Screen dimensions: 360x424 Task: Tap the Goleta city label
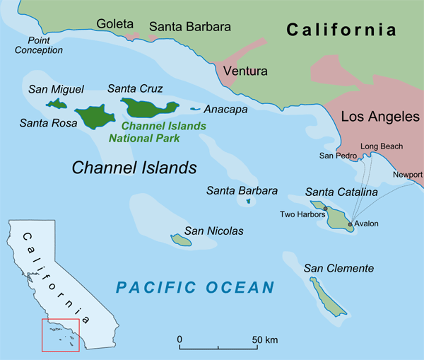114,25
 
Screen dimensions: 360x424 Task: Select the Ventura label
245,71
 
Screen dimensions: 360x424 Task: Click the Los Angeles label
380,116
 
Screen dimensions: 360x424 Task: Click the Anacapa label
225,110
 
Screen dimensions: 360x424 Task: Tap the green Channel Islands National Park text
158,132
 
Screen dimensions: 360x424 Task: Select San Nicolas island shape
181,241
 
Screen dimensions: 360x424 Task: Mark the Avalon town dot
350,224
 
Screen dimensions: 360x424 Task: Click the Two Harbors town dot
326,209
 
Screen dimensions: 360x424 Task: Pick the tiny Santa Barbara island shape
248,202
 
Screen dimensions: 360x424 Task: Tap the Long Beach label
382,146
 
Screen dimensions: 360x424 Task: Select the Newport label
408,174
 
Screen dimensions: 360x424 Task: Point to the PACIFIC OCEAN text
195,287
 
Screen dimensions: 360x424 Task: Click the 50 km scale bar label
266,340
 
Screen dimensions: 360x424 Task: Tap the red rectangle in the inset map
61,335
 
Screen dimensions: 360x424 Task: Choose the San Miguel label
56,89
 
